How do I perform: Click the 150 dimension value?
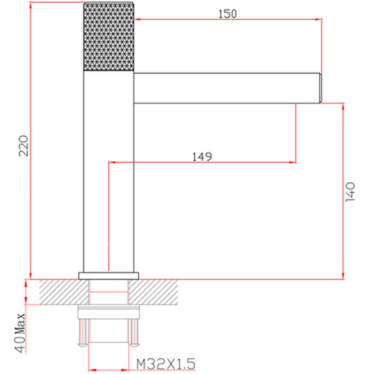pos(228,14)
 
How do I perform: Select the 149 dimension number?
pos(202,157)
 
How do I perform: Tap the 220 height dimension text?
pos(24,146)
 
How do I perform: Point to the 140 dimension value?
pos(350,192)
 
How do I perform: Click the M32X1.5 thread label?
pos(166,364)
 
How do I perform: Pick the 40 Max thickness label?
pos(20,333)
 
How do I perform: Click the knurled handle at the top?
pos(108,37)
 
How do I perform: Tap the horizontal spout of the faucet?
pos(226,88)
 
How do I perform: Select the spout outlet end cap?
pos(320,88)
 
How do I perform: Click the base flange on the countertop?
pos(109,275)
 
